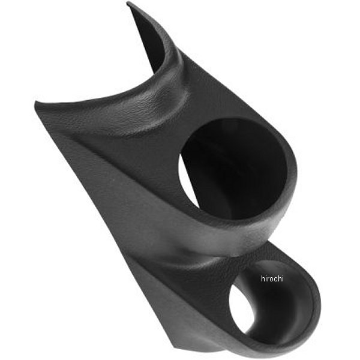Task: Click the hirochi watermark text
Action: pos(273,278)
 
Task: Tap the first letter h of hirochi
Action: pos(263,278)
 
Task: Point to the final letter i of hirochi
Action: pos(284,278)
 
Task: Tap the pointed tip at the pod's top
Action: pos(129,5)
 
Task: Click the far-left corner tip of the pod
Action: pos(36,105)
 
